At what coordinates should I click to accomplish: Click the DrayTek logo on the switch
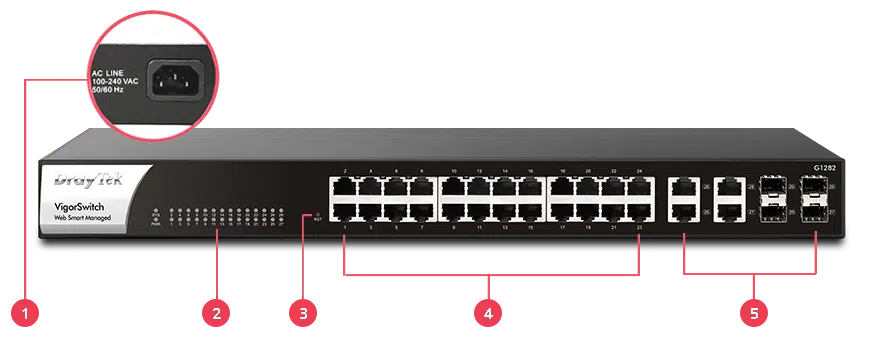93,181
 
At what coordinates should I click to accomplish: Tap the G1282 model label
823,168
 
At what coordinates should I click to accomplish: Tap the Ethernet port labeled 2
344,187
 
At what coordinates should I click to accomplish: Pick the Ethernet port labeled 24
637,187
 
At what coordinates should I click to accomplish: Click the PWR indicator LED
156,220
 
